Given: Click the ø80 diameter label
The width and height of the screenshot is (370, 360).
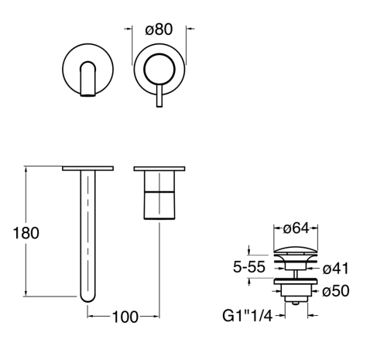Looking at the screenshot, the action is (159, 29).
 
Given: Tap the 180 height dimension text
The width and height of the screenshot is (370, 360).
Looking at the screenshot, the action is (26, 233).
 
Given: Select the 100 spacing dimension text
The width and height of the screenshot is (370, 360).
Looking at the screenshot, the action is (125, 317).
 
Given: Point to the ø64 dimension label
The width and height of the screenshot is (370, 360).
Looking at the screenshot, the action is (296, 228).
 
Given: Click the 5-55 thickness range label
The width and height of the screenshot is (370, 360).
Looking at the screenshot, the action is (249, 267).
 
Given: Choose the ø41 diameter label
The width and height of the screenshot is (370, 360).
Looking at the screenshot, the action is (335, 269).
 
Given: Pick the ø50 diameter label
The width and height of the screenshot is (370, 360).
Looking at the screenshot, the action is (336, 291).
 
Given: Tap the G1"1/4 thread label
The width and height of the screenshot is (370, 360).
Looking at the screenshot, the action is (248, 315).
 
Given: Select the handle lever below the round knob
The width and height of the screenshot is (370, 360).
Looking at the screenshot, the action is (159, 95).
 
